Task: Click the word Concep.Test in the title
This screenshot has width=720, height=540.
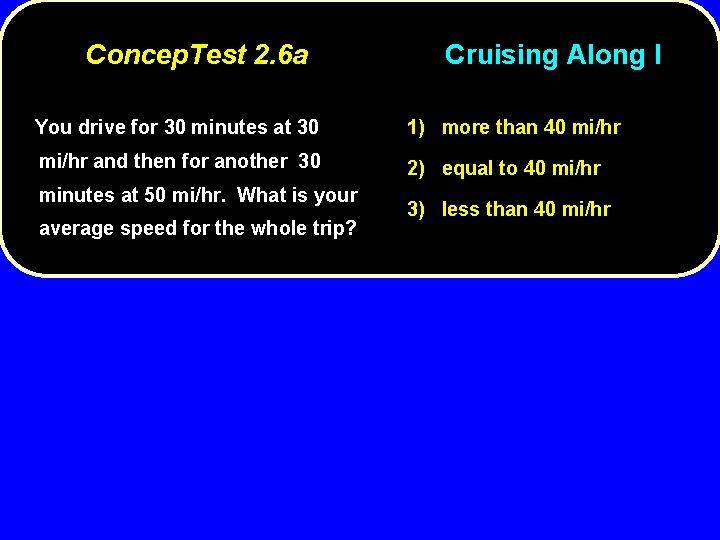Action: coord(166,54)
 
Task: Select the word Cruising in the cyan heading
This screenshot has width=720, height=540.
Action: coord(502,54)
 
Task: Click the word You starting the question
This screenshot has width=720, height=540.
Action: coord(53,127)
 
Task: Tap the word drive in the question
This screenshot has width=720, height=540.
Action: coord(100,127)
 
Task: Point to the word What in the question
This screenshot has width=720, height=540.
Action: coord(262,195)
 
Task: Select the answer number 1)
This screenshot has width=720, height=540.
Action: coord(416,127)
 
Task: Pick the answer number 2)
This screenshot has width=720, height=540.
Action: coord(416,168)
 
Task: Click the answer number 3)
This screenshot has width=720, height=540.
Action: coord(416,209)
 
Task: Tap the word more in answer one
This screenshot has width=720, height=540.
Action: coord(466,127)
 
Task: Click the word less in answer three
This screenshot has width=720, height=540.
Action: coord(461,209)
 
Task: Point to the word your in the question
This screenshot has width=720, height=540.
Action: coord(336,195)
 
